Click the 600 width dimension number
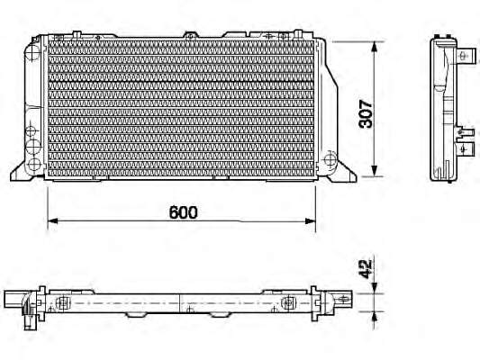coord(184,212)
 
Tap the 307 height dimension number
coord(367,113)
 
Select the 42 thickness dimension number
coord(366,269)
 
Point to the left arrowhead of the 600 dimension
coord(52,220)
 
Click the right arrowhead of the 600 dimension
coord(311,221)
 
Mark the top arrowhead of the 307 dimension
coord(375,47)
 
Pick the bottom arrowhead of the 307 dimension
coord(375,171)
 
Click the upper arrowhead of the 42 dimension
coord(375,288)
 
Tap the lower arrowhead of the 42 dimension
coord(375,317)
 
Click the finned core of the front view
coord(181,108)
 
